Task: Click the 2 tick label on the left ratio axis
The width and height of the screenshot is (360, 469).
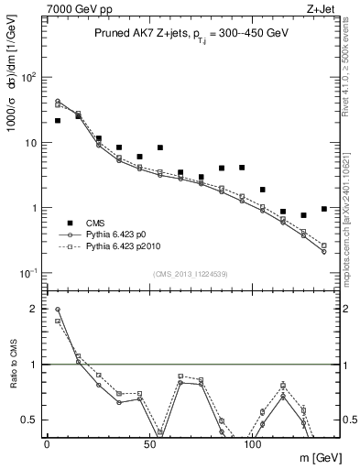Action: coord(33,309)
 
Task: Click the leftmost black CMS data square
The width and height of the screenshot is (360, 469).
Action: coord(58,120)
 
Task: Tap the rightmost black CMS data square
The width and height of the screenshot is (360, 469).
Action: coord(324,209)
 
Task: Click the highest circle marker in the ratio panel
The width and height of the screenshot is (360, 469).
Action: coord(58,310)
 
